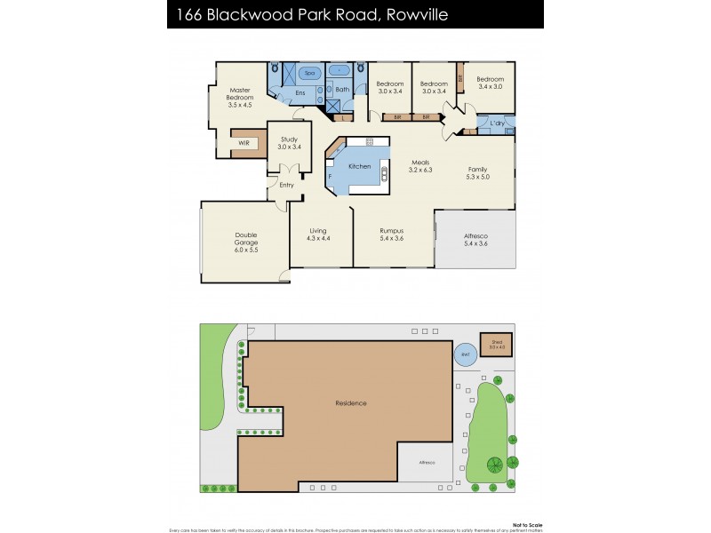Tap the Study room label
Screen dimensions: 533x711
[x=289, y=139]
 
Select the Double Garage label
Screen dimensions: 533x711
[x=246, y=235]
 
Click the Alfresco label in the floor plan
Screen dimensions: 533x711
[x=475, y=235]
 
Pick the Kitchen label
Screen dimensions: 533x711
[x=359, y=167]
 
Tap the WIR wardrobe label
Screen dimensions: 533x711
[x=243, y=143]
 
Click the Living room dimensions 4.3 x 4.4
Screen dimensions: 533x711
[x=318, y=238]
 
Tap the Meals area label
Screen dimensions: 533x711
[x=420, y=163]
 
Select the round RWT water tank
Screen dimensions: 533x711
[x=464, y=355]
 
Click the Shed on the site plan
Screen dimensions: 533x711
[x=496, y=344]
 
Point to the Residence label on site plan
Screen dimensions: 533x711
[x=351, y=403]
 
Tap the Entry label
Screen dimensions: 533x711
[x=286, y=185]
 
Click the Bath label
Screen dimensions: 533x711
[x=342, y=89]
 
